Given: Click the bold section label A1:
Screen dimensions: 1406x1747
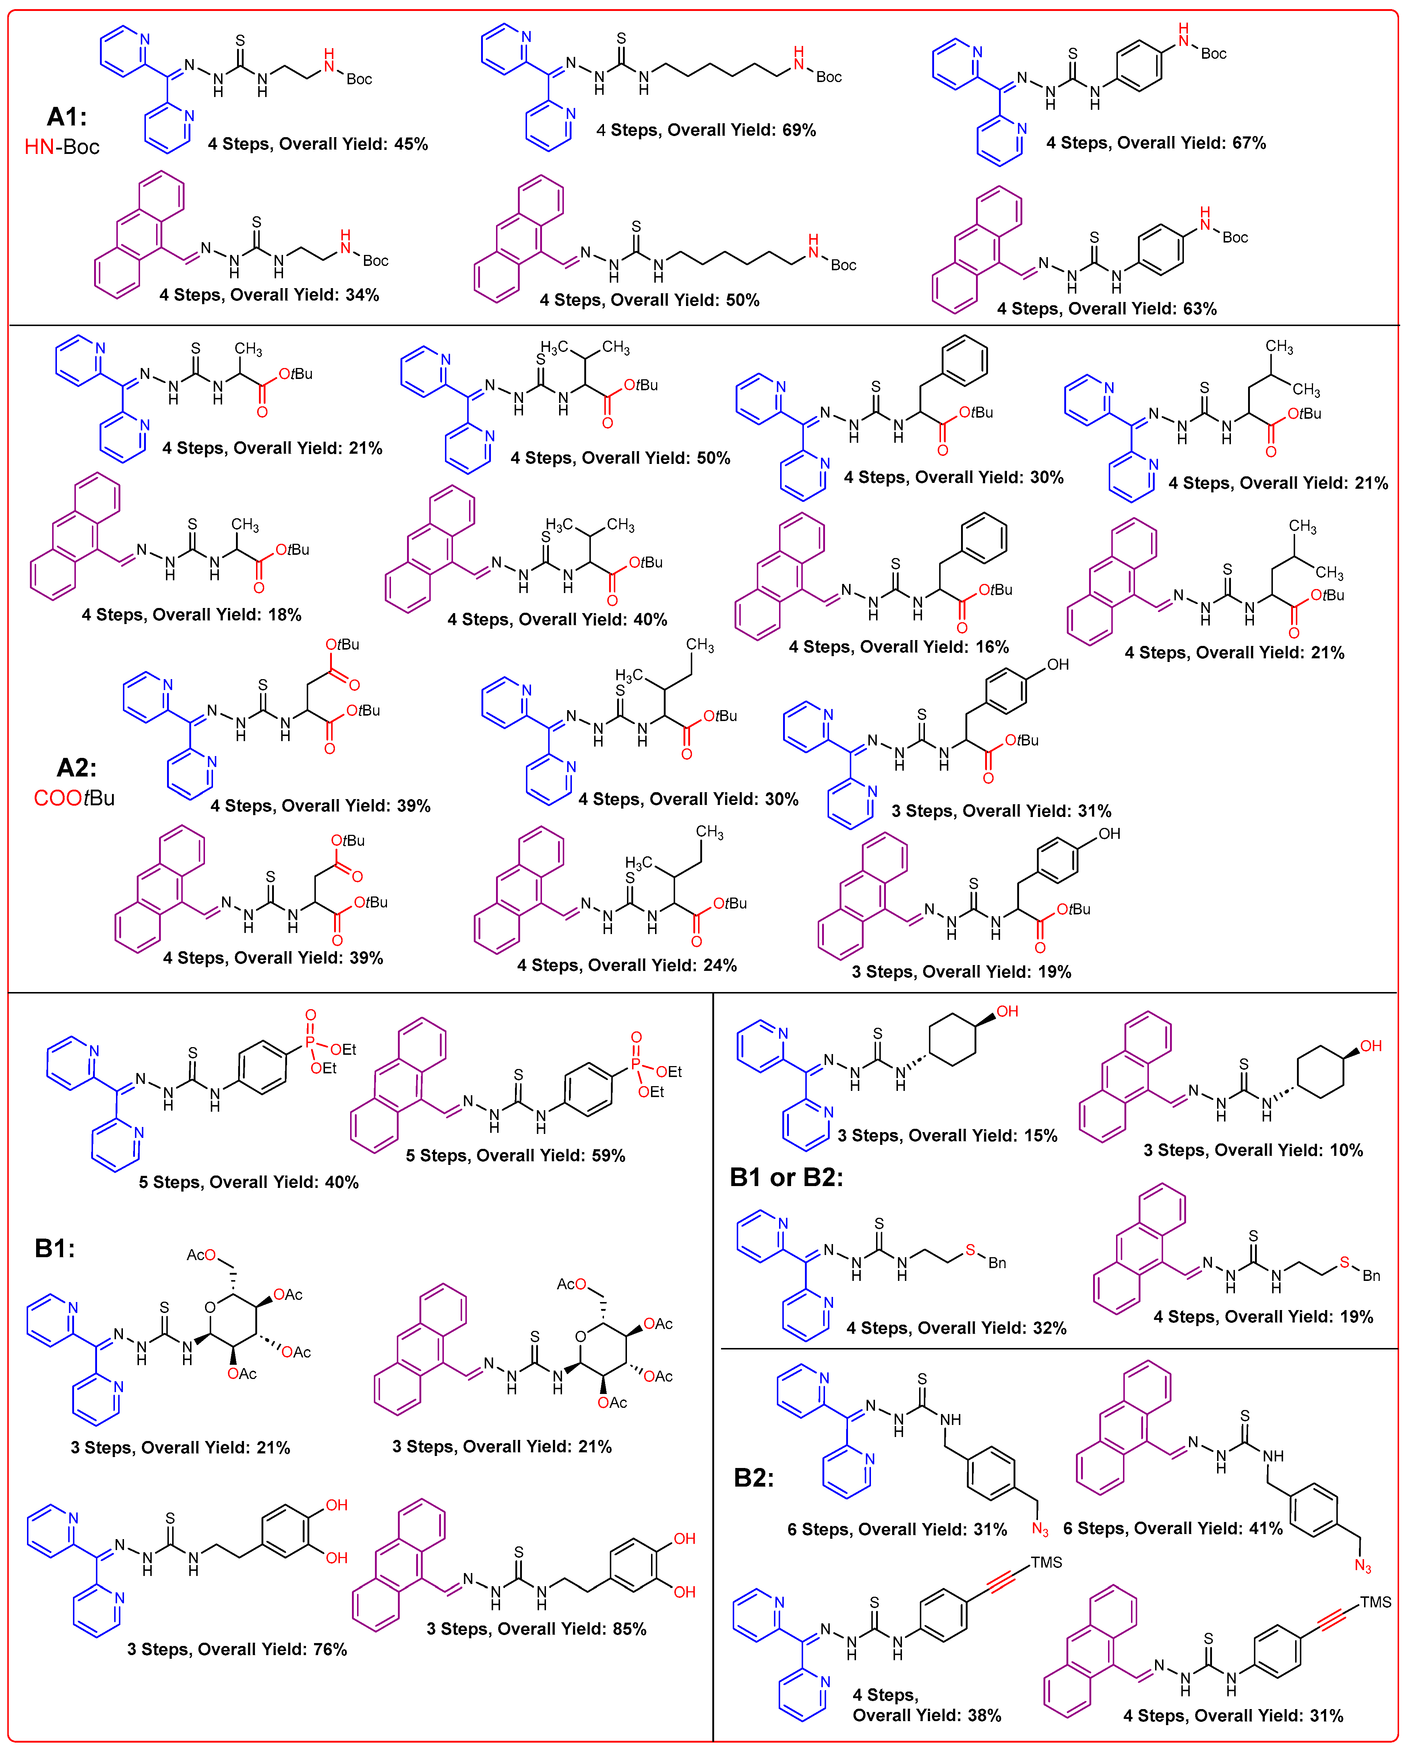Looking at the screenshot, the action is tap(66, 117).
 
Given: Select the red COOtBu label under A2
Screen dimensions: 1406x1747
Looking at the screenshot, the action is tap(74, 798).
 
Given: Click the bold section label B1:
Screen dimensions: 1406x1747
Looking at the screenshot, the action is tap(54, 1248).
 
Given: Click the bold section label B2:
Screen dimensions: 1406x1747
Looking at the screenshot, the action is tap(754, 1477).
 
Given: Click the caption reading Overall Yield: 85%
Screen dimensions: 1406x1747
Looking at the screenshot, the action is tap(537, 1629).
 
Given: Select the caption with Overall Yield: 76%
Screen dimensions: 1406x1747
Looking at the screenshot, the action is tap(237, 1649).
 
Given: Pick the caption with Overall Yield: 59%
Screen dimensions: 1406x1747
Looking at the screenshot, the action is tap(515, 1155).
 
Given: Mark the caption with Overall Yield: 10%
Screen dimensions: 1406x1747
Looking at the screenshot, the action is tap(1253, 1150).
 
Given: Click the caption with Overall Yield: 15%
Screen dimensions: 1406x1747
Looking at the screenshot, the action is tap(947, 1135).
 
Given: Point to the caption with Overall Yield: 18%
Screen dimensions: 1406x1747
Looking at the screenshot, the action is tap(191, 614).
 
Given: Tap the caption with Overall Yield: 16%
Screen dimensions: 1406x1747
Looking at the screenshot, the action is tap(899, 647).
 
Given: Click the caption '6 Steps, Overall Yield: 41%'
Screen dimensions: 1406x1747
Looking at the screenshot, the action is tap(1173, 1528).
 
